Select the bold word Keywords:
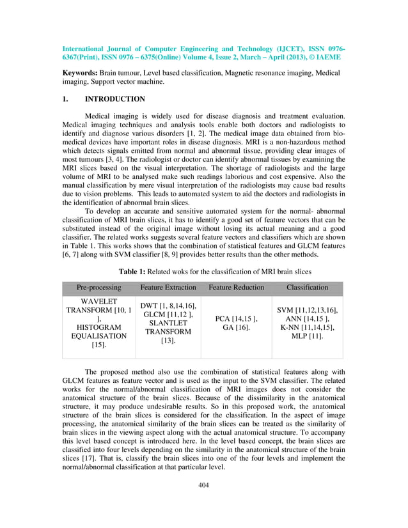pyautogui.click(x=80, y=74)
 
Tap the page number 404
pyautogui.click(x=203, y=485)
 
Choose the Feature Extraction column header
pyautogui.click(x=168, y=288)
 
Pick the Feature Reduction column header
pyautogui.click(x=236, y=288)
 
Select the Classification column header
pyautogui.click(x=307, y=288)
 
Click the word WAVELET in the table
pyautogui.click(x=98, y=302)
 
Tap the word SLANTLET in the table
pyautogui.click(x=168, y=323)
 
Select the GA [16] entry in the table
pyautogui.click(x=236, y=327)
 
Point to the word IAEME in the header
pyautogui.click(x=327, y=57)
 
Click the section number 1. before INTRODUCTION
pyautogui.click(x=65, y=99)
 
